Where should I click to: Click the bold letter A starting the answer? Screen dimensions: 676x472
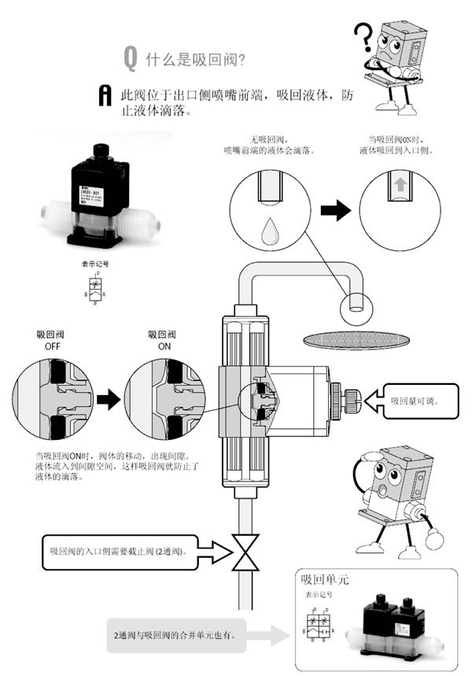[x=102, y=95]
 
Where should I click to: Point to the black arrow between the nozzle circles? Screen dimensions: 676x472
[x=337, y=210]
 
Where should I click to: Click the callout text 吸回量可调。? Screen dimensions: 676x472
[x=415, y=401]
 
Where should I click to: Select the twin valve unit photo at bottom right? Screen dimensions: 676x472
[x=397, y=625]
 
